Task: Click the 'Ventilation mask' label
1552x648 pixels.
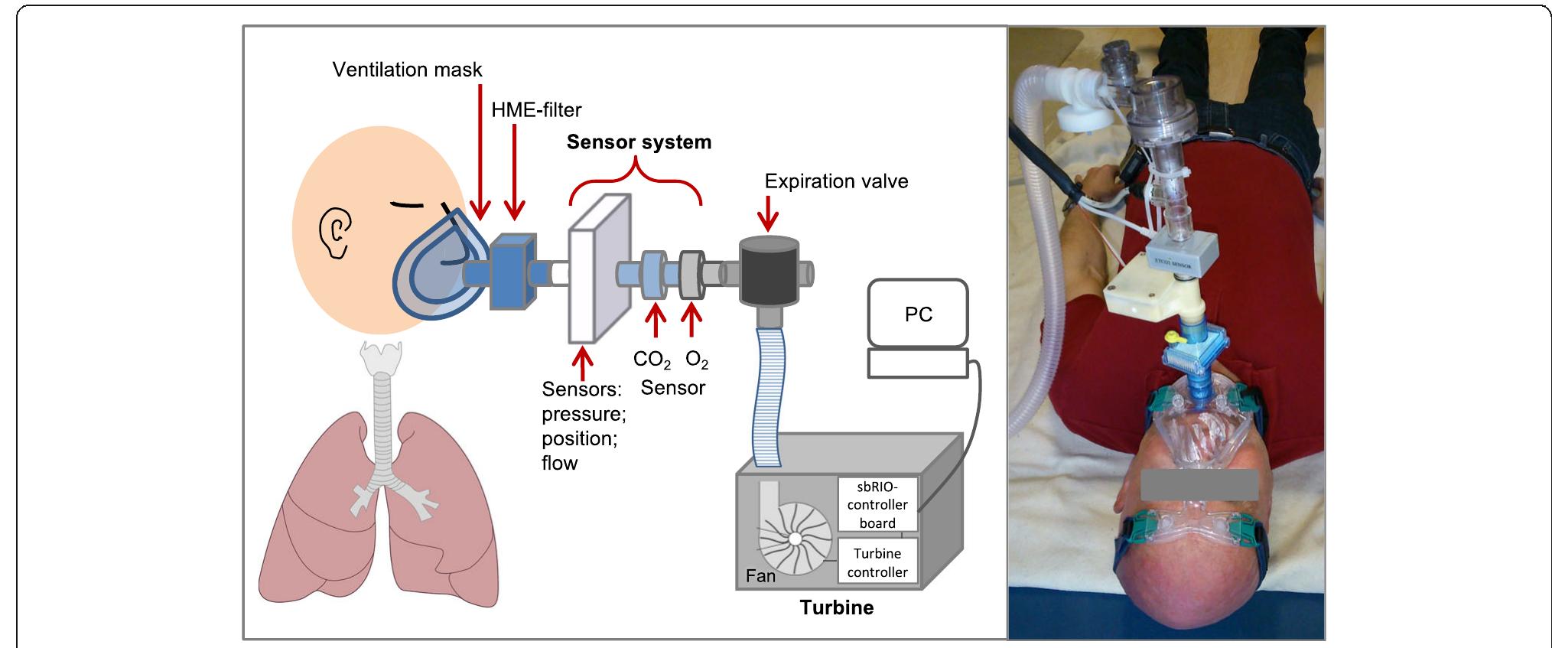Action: (407, 70)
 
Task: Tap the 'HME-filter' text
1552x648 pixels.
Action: (536, 110)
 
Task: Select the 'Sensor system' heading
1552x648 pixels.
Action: (639, 142)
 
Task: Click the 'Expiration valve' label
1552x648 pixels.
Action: (836, 181)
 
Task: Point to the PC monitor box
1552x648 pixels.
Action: (918, 314)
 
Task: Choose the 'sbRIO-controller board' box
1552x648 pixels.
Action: (877, 505)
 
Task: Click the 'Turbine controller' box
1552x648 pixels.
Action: (877, 562)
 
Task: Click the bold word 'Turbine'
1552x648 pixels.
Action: (836, 607)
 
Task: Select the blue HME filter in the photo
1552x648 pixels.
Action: (1187, 360)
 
